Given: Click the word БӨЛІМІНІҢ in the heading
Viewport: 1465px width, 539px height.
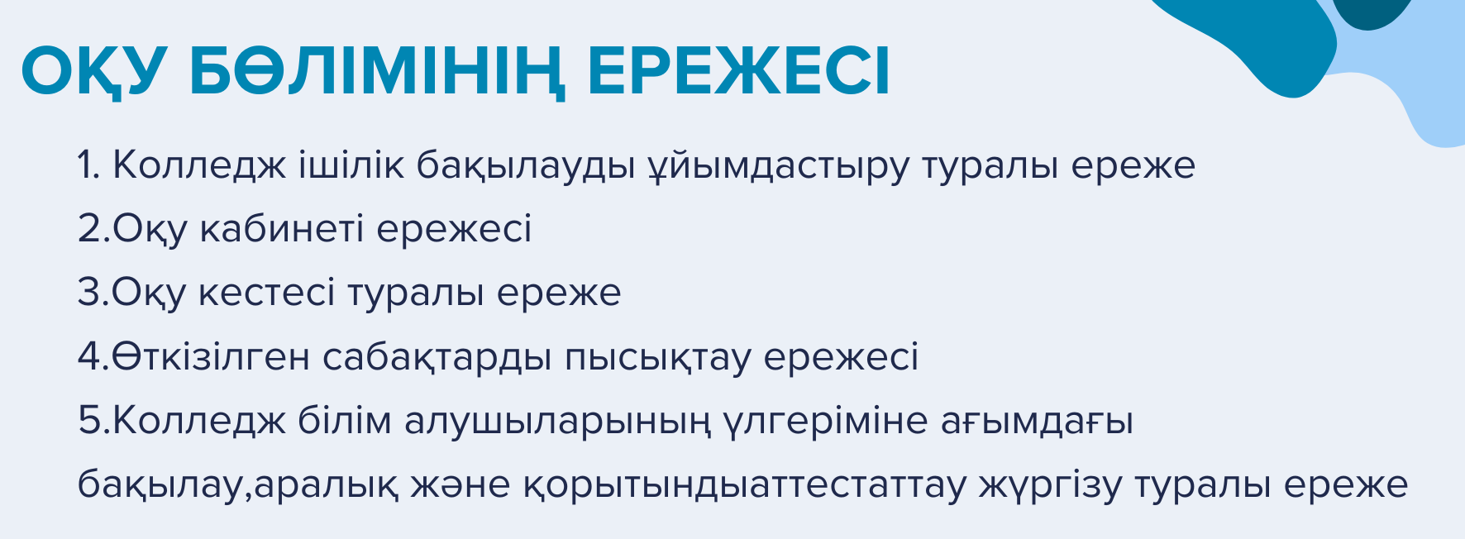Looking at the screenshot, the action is click(x=377, y=72).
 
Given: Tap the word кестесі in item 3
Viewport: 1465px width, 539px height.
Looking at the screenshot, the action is click(x=266, y=293).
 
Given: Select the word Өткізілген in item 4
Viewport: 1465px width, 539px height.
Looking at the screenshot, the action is click(x=211, y=357).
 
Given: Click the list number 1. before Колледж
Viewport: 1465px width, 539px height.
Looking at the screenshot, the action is click(x=88, y=165).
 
